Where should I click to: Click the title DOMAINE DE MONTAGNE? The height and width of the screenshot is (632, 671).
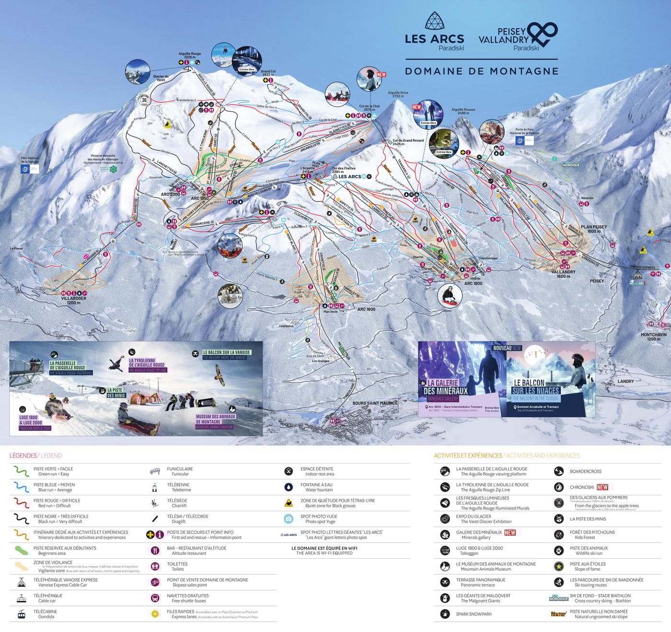point(482,71)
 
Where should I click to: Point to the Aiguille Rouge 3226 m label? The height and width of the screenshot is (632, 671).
point(190,56)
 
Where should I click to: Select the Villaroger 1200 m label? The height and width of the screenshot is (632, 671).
point(74,300)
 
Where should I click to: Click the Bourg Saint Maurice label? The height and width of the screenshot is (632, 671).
point(375,403)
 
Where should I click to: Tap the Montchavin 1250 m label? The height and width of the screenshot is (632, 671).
point(653,337)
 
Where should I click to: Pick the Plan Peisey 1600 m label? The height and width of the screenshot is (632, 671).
point(594,229)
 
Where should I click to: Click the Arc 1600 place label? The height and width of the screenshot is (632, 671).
point(366,309)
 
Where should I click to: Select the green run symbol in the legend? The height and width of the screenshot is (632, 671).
point(22,471)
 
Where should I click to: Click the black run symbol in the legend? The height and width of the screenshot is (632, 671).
point(22,519)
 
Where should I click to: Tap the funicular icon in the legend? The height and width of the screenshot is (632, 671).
point(155,472)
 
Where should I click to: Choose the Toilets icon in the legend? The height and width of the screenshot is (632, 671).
point(155,566)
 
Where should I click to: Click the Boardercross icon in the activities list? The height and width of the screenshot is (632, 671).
point(558,472)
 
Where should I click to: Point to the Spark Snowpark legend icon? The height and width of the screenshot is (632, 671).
point(445,614)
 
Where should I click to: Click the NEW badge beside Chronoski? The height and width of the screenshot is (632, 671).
point(602,487)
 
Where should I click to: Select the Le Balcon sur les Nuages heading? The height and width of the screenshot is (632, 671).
point(535,387)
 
